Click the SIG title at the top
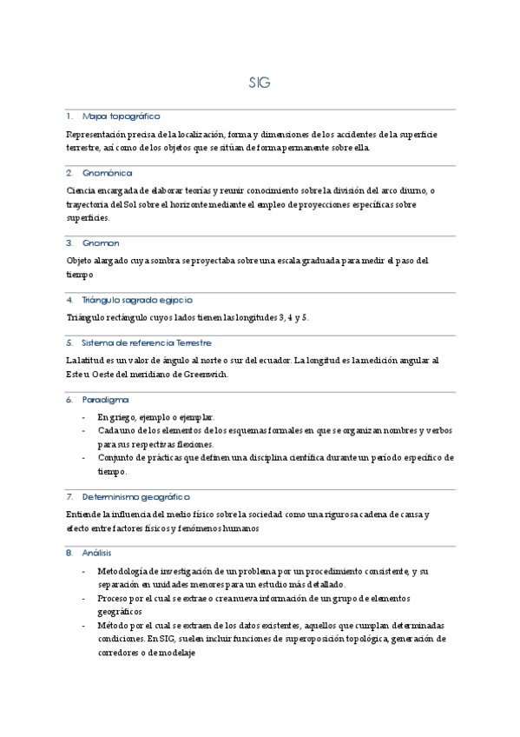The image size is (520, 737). click(x=260, y=83)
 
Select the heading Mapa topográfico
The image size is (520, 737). click(x=121, y=116)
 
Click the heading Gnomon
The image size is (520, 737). click(x=101, y=242)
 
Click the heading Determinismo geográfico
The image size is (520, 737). click(x=135, y=496)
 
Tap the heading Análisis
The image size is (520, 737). click(x=97, y=553)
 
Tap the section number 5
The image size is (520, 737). click(x=69, y=342)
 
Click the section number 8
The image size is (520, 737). click(x=69, y=553)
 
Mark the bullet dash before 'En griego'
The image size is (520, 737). click(x=83, y=417)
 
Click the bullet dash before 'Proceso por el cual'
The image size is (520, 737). click(x=83, y=599)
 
